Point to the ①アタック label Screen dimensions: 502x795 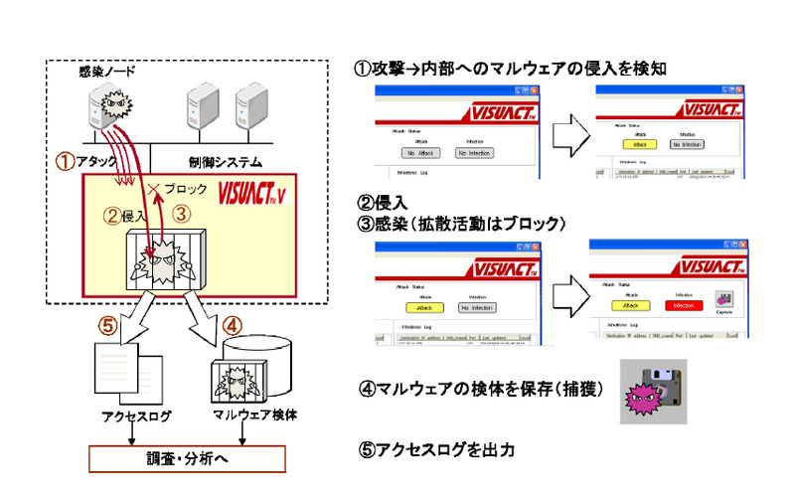(x=90, y=160)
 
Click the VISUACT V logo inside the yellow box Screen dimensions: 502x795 (x=257, y=191)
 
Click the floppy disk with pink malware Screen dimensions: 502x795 (x=654, y=391)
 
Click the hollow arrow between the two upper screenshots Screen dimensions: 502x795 (x=564, y=132)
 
